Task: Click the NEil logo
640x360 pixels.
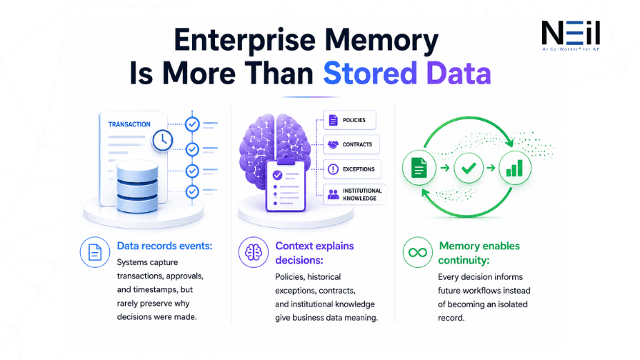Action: tap(571, 36)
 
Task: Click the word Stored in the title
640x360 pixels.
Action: tap(370, 73)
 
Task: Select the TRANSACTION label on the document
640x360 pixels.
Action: tap(129, 124)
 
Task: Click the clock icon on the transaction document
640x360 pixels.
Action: tap(162, 141)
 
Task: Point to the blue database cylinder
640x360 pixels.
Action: tap(137, 186)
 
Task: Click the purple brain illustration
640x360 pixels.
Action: tap(275, 151)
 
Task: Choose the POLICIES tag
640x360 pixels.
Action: tap(349, 120)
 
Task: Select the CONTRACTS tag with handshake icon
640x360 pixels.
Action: tap(351, 144)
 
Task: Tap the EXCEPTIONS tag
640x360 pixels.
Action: tap(352, 169)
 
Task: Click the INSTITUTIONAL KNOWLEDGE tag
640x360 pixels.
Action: tap(354, 194)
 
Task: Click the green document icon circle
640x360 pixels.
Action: tap(419, 168)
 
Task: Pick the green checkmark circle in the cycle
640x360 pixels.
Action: tap(469, 168)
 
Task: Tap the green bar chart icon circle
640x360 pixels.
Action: tap(515, 168)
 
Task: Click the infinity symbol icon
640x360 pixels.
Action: tap(418, 252)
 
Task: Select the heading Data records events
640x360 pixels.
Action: tap(164, 246)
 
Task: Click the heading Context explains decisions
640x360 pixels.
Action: tap(314, 253)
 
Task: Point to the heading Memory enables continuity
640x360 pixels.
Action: tap(479, 253)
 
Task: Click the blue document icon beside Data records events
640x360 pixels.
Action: tap(95, 252)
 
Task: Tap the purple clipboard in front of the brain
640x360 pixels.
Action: tap(285, 186)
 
